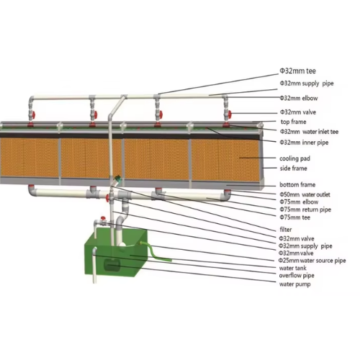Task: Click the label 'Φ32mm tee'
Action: pos(297,71)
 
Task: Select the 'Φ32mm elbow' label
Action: pos(299,98)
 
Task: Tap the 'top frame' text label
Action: pos(293,122)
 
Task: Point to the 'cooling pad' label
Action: pos(294,158)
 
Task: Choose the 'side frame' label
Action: pos(293,168)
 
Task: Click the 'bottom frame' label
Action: pos(297,184)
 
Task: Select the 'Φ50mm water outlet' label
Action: pos(305,194)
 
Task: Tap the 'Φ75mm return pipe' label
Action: pos(305,210)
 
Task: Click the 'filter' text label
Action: pos(286,230)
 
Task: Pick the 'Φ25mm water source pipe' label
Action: pos(312,261)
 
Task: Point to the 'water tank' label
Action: pos(293,268)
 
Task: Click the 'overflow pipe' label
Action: pos(297,276)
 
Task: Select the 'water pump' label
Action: pos(294,284)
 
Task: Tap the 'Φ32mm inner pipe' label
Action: pos(304,143)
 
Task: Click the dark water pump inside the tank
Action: pos(112,265)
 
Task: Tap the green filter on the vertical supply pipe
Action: pos(117,179)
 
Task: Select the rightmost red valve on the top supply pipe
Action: pos(230,114)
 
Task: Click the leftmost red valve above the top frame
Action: pos(33,114)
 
